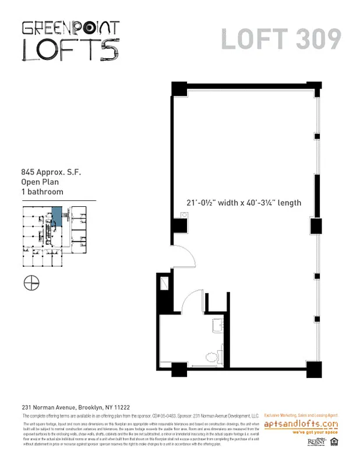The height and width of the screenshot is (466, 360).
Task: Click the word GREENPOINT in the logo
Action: [70, 28]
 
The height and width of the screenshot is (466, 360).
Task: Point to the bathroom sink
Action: [217, 325]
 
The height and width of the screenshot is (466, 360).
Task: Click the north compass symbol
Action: [31, 283]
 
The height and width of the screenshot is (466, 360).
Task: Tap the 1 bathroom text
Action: [42, 192]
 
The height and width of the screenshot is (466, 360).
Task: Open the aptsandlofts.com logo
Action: [301, 424]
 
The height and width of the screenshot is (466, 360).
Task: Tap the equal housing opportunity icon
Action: [334, 442]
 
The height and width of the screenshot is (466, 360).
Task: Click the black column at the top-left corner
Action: [179, 89]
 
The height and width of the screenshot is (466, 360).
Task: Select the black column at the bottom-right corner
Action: [314, 369]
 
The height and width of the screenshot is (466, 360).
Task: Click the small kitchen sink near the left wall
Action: [183, 215]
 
